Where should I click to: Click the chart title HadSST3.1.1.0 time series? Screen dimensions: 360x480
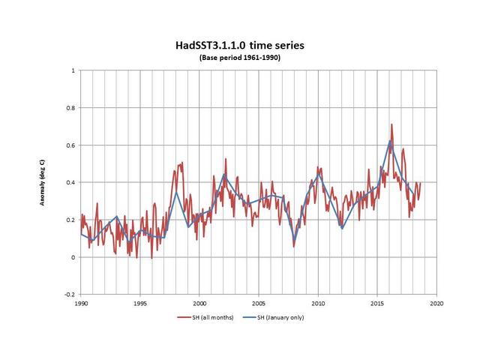[x=240, y=46]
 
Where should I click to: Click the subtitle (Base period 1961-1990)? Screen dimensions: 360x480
[x=240, y=58]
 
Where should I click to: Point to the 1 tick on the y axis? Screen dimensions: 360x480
[x=73, y=70]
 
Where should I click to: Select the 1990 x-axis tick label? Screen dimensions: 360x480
[x=81, y=304]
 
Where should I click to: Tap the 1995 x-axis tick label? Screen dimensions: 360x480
[x=140, y=304]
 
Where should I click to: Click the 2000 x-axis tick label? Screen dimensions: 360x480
[x=199, y=304]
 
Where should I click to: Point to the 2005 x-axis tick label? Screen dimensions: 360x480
[x=259, y=304]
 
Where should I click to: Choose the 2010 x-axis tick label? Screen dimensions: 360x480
[x=318, y=304]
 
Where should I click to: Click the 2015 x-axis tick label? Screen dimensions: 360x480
[x=377, y=304]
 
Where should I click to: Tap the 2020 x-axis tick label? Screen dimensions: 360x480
[x=436, y=304]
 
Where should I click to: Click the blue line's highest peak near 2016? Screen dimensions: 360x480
[x=390, y=141]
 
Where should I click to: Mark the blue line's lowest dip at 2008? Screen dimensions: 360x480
[x=295, y=241]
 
